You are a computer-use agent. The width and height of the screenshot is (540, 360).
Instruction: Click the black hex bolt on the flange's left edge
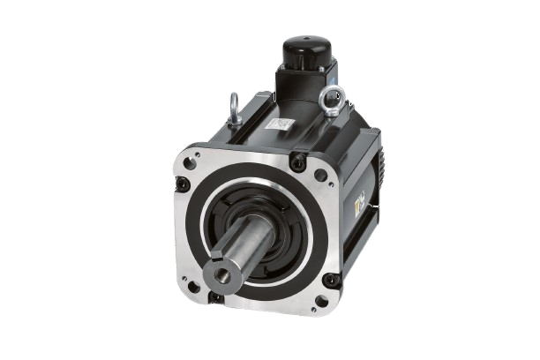pos(183,184)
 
